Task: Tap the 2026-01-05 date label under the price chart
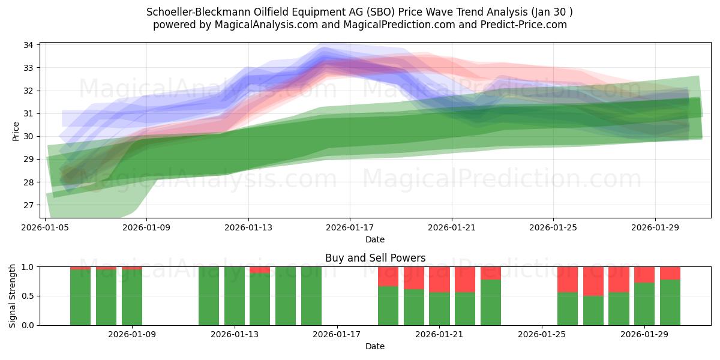[46, 227]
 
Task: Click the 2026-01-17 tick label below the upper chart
[350, 227]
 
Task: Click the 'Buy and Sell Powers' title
[375, 258]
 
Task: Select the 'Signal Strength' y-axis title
[13, 296]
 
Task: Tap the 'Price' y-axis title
[16, 130]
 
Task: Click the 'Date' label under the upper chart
[375, 239]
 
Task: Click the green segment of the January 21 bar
[439, 308]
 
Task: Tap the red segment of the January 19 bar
[388, 276]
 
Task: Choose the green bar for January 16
[311, 296]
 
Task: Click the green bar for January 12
[209, 296]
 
